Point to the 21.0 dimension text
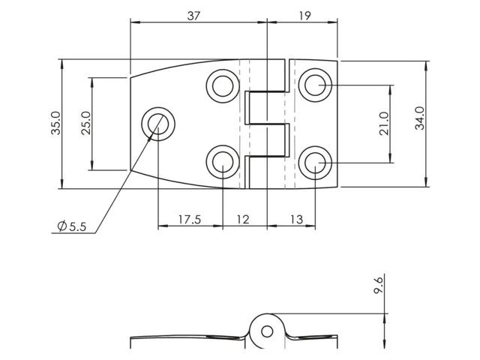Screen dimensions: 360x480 [x=384, y=124]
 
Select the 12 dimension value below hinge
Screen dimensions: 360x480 [x=243, y=219]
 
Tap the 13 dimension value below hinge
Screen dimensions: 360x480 [x=295, y=219]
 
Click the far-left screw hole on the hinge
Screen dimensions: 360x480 [x=158, y=123]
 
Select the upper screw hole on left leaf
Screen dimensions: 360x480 [x=223, y=85]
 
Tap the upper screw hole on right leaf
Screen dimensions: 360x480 [x=314, y=85]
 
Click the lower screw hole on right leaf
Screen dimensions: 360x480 [x=314, y=161]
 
